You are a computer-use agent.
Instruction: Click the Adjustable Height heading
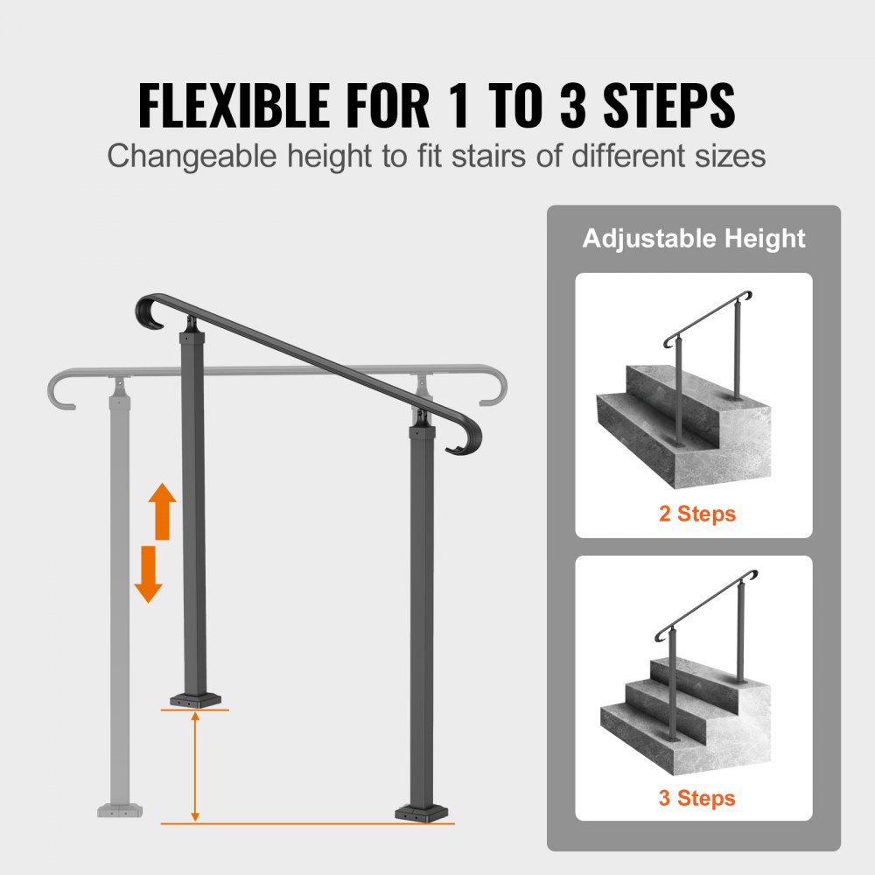(694, 238)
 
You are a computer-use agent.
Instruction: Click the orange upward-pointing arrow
(161, 511)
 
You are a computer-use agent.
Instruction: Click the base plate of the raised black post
(195, 699)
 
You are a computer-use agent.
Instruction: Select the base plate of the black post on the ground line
(424, 813)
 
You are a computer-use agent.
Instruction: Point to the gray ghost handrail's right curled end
(494, 388)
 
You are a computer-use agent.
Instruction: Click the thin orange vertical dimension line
(195, 766)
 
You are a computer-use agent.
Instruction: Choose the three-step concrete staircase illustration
(682, 700)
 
